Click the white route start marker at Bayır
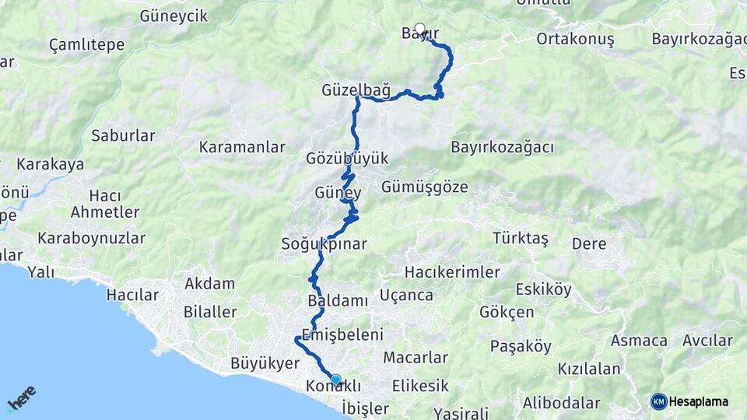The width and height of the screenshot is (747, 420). click(420, 30)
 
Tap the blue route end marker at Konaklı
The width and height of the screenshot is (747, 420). click(336, 380)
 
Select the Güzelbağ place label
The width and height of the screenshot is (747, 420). click(356, 90)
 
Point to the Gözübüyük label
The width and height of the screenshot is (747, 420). click(347, 159)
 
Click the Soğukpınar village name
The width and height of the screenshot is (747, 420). click(324, 244)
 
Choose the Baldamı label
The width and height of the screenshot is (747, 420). click(337, 299)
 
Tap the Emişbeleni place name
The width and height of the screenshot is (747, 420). click(342, 335)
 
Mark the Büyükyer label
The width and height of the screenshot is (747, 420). click(265, 363)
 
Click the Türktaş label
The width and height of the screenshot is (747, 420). click(521, 238)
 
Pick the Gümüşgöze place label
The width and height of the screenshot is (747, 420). click(425, 187)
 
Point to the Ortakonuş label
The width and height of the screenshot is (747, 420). click(575, 39)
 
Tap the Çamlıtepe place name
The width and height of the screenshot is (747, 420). click(86, 44)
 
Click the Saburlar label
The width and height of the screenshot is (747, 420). click(123, 135)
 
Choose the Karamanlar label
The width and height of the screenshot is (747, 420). click(242, 147)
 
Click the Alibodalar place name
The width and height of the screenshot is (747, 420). click(561, 403)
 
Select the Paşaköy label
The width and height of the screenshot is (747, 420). click(521, 346)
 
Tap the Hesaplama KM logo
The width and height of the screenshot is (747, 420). click(689, 401)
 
